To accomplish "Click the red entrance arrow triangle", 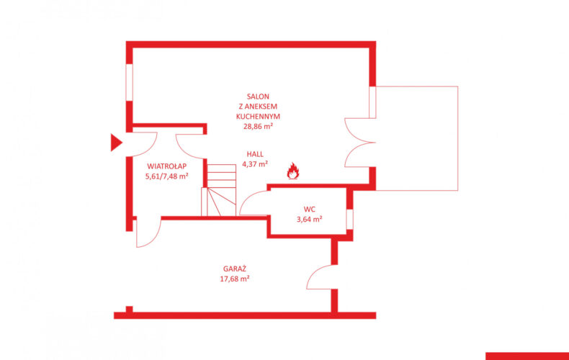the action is coord(115,143).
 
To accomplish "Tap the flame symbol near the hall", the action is coord(293,171).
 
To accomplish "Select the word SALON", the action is coord(258,96).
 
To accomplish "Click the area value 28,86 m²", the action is coord(258,127).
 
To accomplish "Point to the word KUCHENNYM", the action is coord(258,117).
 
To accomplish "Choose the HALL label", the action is coord(255,154).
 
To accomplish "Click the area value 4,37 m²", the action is coord(255,164).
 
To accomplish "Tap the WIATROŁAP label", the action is coord(167,166).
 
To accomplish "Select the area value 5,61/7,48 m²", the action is coord(167,176).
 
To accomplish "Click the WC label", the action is coord(310,210).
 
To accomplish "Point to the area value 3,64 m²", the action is coord(310,219).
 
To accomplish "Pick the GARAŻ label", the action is coord(234,269).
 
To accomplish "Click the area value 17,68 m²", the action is coord(234,279).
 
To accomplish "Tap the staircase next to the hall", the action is coord(219,190).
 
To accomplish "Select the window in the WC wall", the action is coord(349,219).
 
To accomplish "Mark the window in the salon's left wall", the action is coord(129,82).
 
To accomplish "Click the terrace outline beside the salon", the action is coord(457,138).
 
